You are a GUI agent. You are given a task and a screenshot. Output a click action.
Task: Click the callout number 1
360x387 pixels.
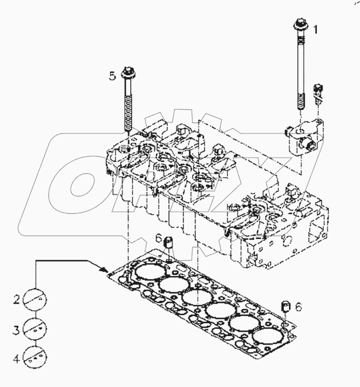pos(316,30)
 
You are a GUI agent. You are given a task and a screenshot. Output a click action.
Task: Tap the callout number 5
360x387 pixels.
pos(112,77)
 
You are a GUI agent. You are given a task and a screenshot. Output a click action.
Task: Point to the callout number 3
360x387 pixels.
pos(17,328)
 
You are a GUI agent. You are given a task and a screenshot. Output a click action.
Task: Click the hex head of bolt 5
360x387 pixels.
pos(127,72)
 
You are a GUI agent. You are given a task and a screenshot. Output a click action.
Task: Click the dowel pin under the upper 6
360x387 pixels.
pos(168,244)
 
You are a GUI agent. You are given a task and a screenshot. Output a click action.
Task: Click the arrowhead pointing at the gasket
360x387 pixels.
pos(105,270)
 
